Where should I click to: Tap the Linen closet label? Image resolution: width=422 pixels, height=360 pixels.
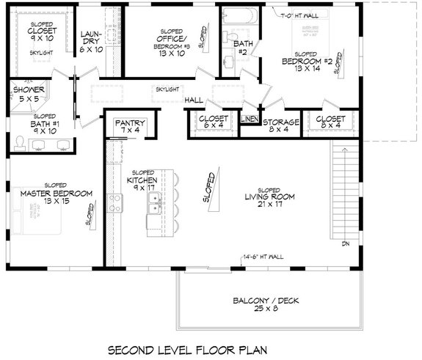pyautogui.click(x=249, y=120)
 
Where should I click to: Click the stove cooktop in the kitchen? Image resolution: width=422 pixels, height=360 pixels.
pyautogui.click(x=114, y=199)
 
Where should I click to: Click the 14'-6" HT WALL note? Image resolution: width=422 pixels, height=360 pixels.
pyautogui.click(x=262, y=256)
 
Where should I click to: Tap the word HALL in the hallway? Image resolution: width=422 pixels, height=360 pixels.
pyautogui.click(x=194, y=100)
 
